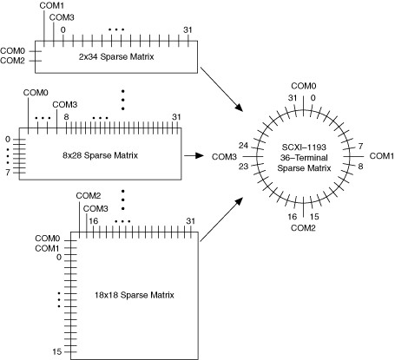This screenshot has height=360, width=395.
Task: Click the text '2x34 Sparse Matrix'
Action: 116,56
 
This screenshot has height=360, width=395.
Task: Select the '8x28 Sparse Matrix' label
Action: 100,155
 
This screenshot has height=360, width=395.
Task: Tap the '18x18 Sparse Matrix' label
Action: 135,295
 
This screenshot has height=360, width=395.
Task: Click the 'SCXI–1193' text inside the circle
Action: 304,147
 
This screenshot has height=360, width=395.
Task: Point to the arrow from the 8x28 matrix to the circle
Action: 194,155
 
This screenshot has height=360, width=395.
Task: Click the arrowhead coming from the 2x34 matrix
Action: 240,107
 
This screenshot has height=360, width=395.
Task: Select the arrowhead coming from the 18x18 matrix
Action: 239,202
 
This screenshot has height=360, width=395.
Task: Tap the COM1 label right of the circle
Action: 382,156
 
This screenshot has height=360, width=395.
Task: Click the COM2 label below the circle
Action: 303,228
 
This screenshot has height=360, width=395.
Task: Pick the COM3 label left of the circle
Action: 224,157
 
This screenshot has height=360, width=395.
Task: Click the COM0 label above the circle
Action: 304,86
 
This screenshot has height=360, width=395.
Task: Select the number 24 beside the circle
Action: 243,146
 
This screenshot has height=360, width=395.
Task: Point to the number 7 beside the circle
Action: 360,147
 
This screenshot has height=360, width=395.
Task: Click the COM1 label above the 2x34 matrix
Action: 52,5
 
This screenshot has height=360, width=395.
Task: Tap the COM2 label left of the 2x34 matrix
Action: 12,61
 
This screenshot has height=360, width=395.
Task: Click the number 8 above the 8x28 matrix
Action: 66,117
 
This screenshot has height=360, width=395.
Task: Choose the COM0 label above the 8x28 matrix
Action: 36,93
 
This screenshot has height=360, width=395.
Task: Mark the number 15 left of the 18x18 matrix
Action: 57,351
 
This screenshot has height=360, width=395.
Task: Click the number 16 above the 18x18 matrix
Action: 93,221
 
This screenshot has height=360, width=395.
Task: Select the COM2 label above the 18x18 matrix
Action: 89,196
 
